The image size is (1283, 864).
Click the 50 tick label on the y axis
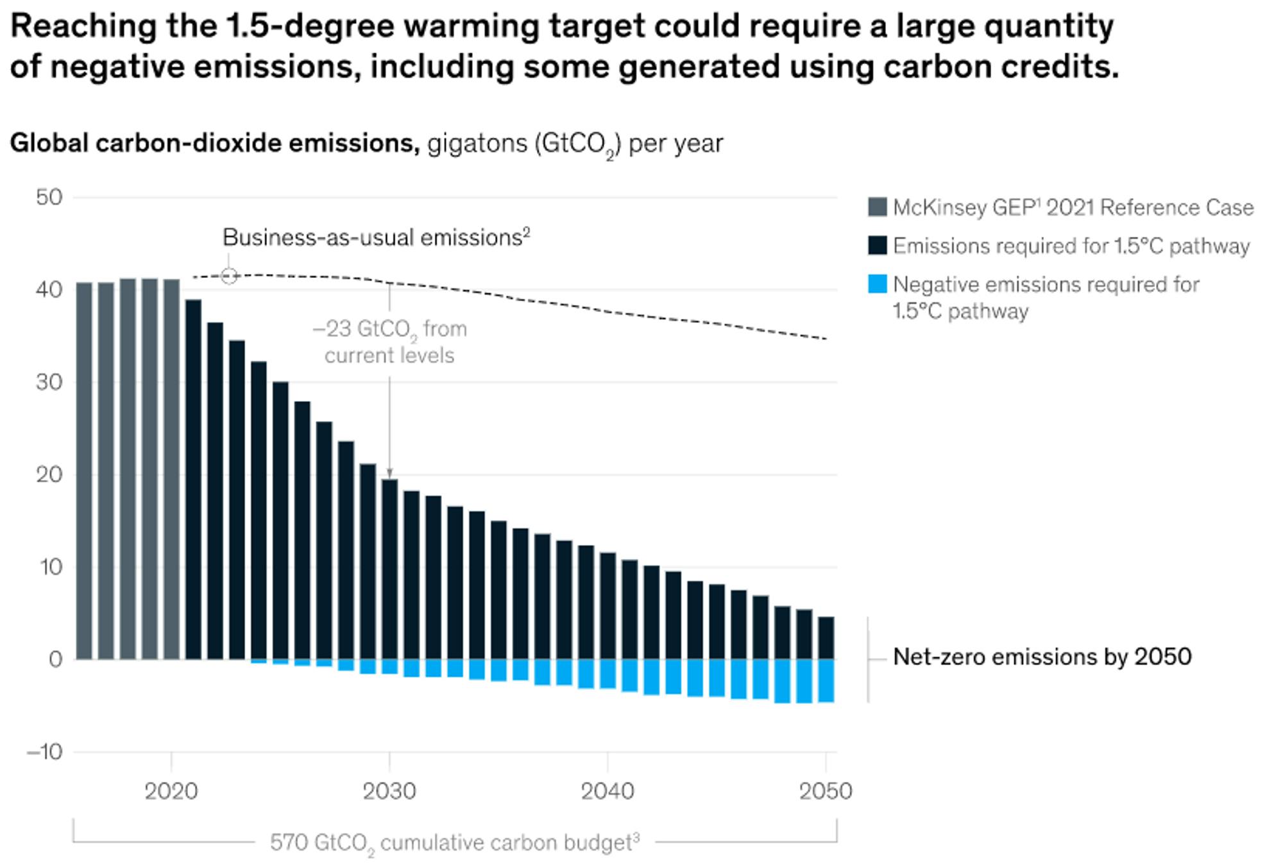(x=49, y=197)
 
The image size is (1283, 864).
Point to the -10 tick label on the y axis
(x=45, y=752)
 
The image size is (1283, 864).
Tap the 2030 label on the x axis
(x=389, y=791)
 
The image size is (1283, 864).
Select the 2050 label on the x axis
(x=826, y=791)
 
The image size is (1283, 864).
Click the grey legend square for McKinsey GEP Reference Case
(x=877, y=207)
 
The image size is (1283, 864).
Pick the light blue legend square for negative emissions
(x=877, y=284)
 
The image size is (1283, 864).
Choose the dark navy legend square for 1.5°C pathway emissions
(x=877, y=245)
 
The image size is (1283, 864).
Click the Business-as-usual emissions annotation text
(x=376, y=238)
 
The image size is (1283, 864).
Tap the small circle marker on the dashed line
(x=229, y=276)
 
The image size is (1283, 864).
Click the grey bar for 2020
(x=171, y=469)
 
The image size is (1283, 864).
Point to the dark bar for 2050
(x=826, y=638)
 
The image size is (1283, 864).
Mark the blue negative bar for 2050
(x=826, y=680)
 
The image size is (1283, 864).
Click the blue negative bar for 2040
(x=608, y=674)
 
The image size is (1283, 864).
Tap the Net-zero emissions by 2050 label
(x=1042, y=657)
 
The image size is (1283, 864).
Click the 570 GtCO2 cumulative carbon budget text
(x=454, y=842)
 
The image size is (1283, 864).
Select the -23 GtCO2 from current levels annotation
(x=389, y=341)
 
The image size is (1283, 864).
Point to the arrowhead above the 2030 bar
(x=389, y=474)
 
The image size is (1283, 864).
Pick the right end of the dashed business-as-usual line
(x=826, y=338)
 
